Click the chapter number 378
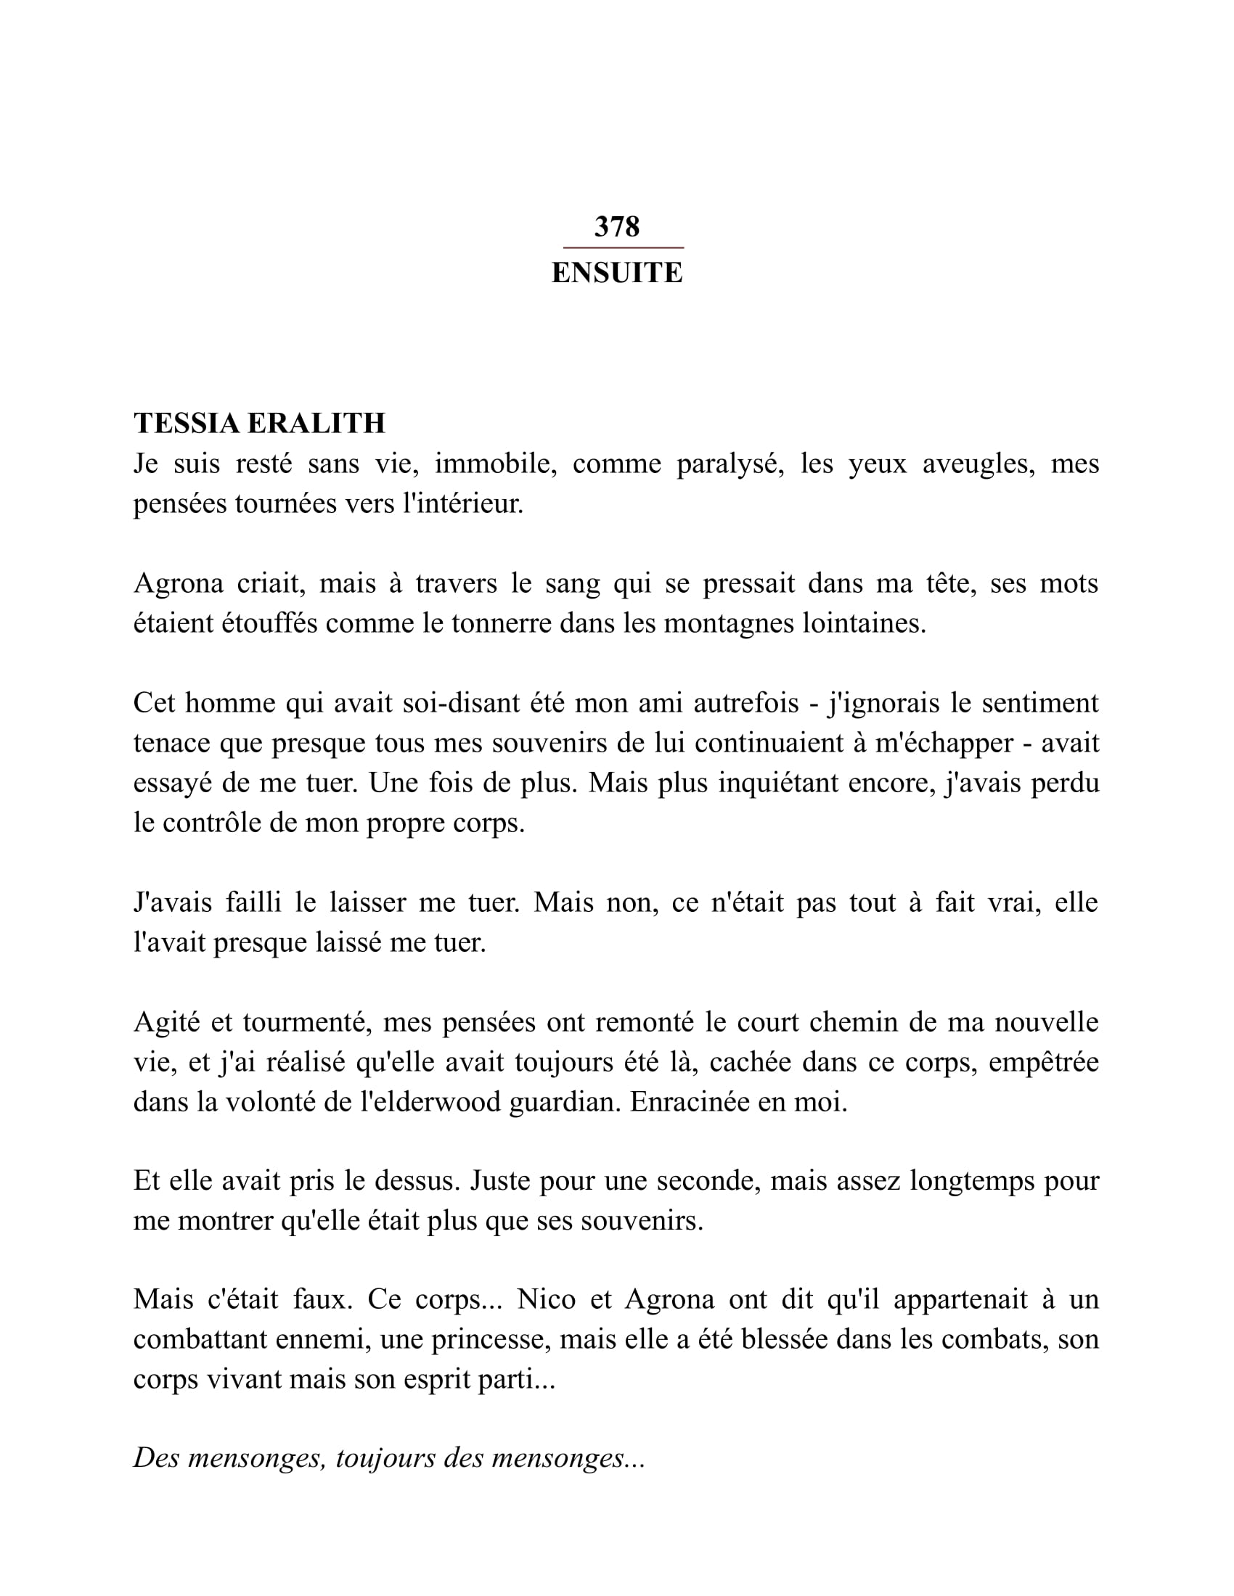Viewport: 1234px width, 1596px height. pos(616,226)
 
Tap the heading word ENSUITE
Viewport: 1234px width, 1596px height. pos(616,273)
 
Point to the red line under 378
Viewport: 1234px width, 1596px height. pos(623,247)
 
